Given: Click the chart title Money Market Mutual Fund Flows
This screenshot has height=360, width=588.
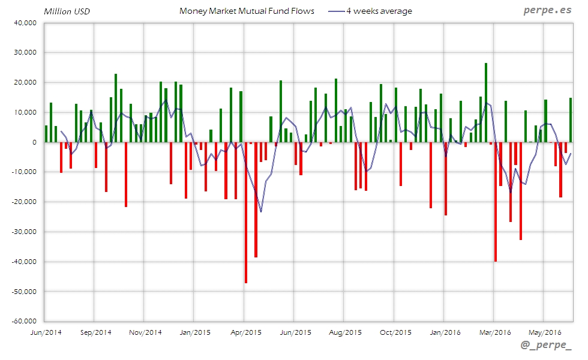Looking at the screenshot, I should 247,11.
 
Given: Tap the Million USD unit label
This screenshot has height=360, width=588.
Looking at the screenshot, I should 67,11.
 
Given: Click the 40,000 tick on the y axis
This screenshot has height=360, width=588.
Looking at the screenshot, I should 25,23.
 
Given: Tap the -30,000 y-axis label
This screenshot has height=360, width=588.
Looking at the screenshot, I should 23,232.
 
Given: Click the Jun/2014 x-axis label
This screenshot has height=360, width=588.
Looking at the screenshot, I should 45,332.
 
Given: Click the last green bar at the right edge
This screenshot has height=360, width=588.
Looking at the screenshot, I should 571,120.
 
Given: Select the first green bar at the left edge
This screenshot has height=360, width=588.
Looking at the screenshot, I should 46,134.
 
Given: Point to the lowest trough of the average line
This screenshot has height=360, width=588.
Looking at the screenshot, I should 260,211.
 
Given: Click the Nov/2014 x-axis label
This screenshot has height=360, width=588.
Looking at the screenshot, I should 145,332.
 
